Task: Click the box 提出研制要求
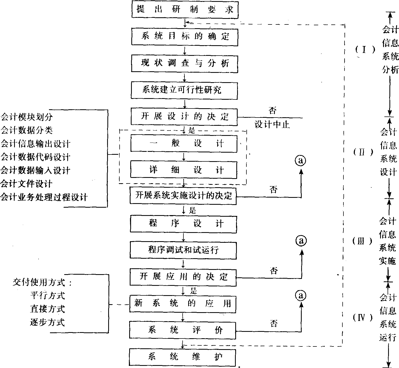[185, 10]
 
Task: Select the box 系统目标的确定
[185, 36]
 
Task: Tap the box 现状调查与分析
[184, 64]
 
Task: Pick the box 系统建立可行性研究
[184, 90]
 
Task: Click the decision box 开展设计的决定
[184, 117]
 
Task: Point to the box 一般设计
[184, 144]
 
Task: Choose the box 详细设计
[184, 170]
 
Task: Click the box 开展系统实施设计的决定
[183, 196]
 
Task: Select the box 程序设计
[183, 224]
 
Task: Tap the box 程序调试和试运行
[183, 250]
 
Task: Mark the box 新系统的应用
[183, 303]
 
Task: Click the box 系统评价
[183, 330]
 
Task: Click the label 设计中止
[272, 124]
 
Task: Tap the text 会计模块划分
[27, 117]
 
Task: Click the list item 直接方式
[47, 309]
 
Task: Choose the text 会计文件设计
[27, 184]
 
